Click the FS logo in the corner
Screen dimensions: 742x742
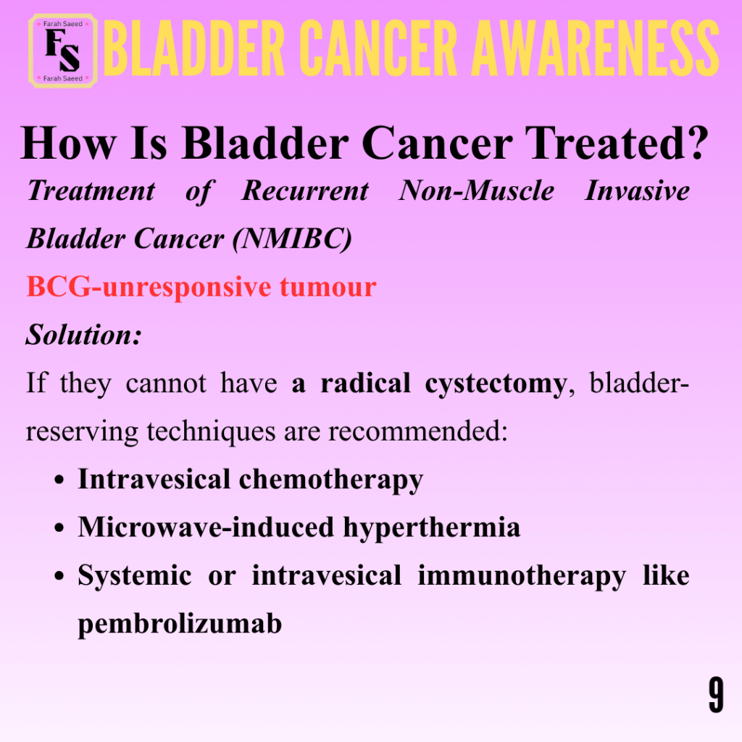pyautogui.click(x=63, y=51)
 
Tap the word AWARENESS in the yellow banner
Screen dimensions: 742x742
pyautogui.click(x=596, y=49)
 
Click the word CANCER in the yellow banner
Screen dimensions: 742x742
pyautogui.click(x=378, y=49)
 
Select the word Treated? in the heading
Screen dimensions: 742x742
pyautogui.click(x=617, y=143)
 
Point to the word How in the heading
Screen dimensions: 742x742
pyautogui.click(x=68, y=143)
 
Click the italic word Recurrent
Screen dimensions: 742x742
pyautogui.click(x=305, y=191)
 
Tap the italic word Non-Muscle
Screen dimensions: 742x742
pyautogui.click(x=476, y=191)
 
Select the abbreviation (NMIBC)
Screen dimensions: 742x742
pyautogui.click(x=292, y=238)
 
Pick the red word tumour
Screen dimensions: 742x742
pyautogui.click(x=328, y=287)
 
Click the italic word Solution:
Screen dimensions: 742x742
pyautogui.click(x=84, y=335)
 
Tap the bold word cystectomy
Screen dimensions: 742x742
pyautogui.click(x=496, y=384)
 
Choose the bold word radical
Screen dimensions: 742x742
pyautogui.click(x=365, y=383)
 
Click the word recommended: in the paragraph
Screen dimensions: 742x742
pyautogui.click(x=418, y=431)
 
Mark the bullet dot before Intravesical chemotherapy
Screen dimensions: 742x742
pyautogui.click(x=59, y=480)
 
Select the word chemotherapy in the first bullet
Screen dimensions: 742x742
pyautogui.click(x=330, y=480)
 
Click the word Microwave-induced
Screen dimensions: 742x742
pyautogui.click(x=206, y=527)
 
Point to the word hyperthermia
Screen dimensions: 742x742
pyautogui.click(x=432, y=528)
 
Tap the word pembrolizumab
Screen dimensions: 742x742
pyautogui.click(x=180, y=624)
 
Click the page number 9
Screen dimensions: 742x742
pyautogui.click(x=716, y=695)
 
